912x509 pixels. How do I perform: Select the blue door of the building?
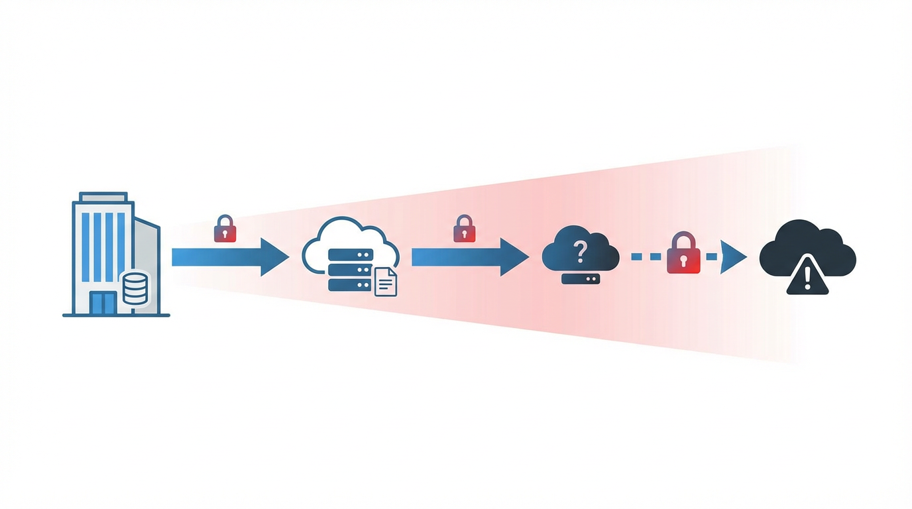pos(103,302)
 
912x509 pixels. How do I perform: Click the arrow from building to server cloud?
pos(229,256)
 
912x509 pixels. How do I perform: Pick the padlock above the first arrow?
pos(225,229)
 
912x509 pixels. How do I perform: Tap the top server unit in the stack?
pos(350,254)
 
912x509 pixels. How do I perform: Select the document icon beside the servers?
pos(386,282)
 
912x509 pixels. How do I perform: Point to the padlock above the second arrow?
pos(464,229)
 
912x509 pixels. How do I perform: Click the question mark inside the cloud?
pos(581,252)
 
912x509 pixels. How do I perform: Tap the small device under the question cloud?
pos(581,279)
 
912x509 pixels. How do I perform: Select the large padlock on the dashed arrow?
pos(683,253)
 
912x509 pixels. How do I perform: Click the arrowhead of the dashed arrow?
pos(733,256)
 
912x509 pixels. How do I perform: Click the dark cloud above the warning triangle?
pos(807,242)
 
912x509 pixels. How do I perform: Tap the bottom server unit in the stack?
pos(350,284)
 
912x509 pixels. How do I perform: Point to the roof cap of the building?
pos(103,197)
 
